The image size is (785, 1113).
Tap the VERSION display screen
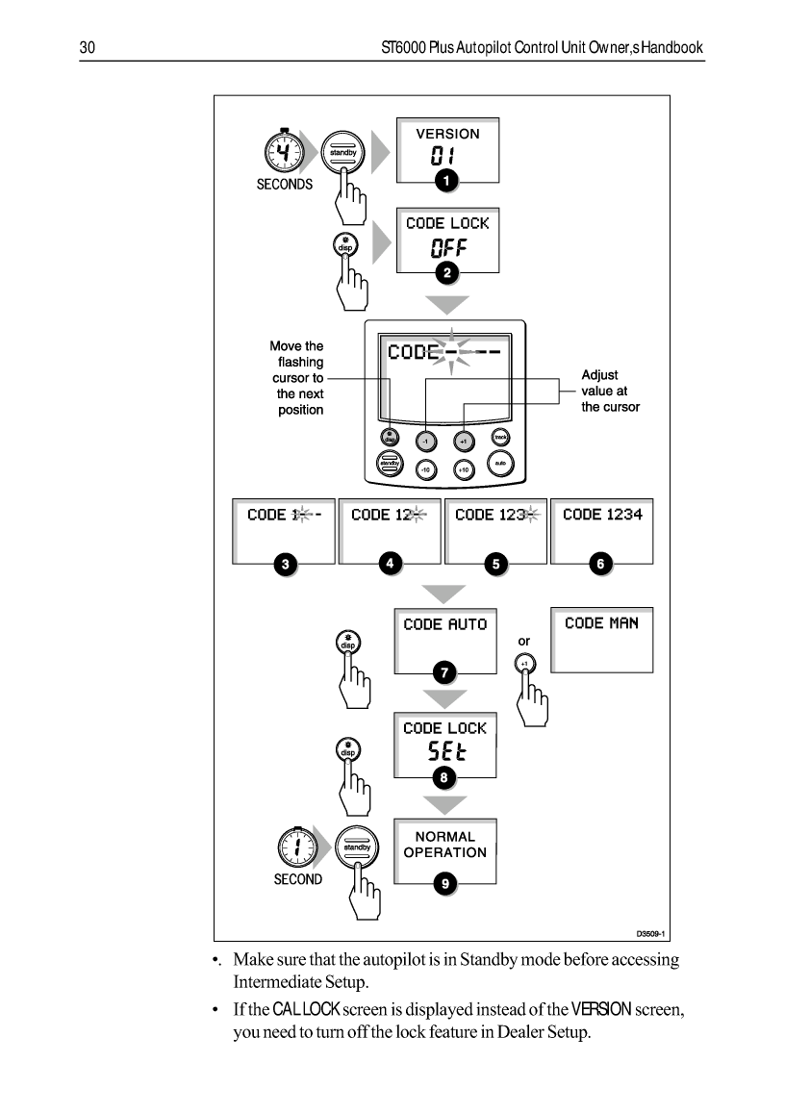[447, 148]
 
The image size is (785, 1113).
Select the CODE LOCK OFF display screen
[447, 240]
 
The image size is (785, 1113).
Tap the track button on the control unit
[499, 438]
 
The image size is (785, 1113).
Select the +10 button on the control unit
[463, 469]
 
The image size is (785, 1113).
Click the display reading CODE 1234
[602, 530]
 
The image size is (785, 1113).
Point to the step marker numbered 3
[284, 565]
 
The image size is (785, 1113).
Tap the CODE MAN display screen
[601, 639]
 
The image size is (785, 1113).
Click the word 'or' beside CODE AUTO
[524, 641]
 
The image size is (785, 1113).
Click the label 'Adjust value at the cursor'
[610, 391]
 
